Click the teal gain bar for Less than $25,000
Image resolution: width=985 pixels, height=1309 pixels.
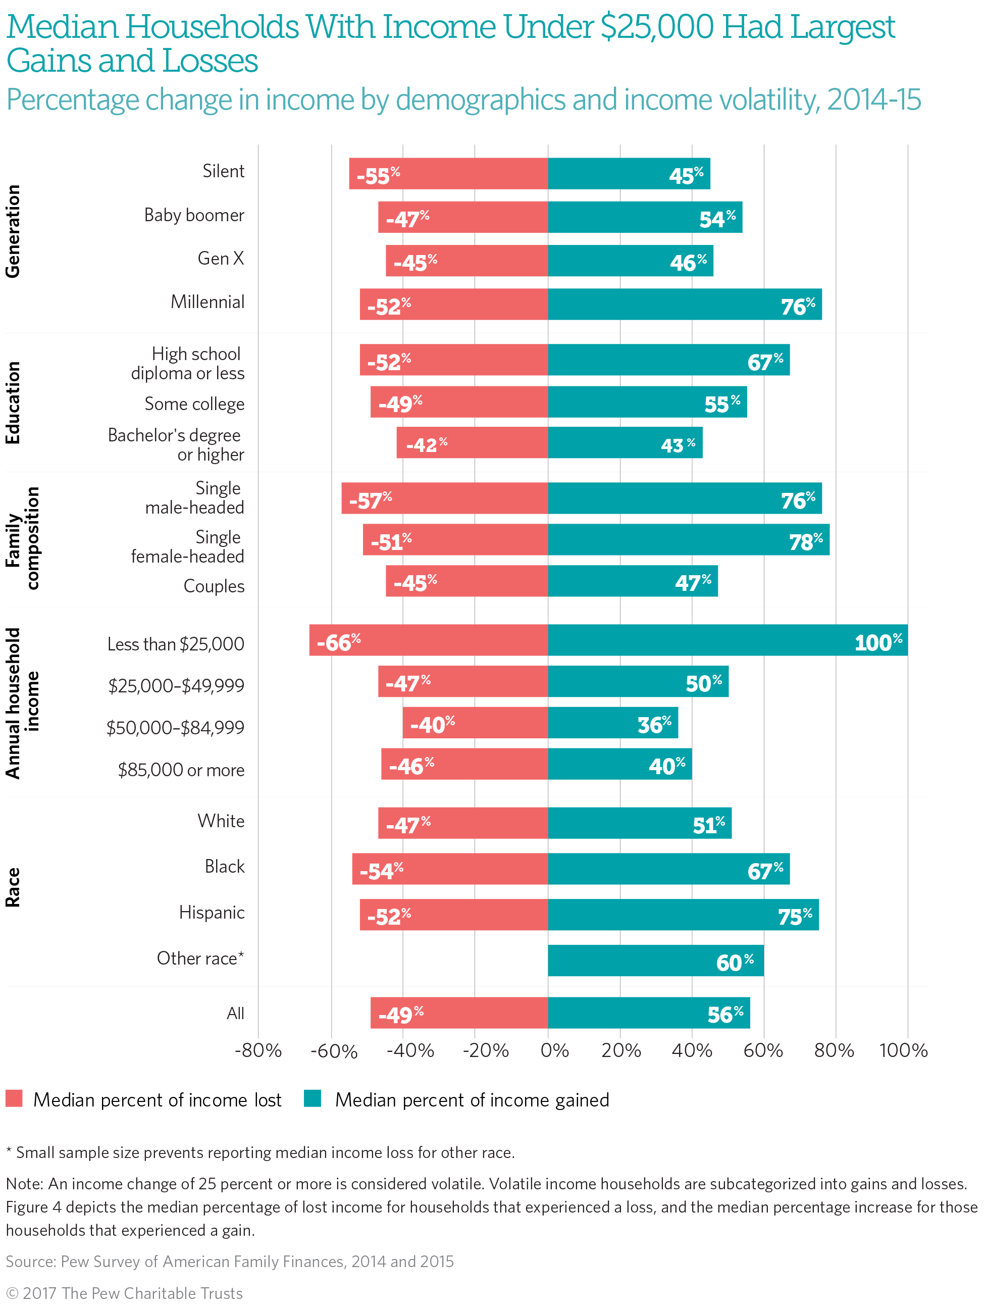pos(727,640)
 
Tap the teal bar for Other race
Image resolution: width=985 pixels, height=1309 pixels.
pos(655,960)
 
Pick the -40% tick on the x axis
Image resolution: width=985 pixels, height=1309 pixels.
pos(410,1050)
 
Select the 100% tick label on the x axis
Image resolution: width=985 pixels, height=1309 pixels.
pos(903,1050)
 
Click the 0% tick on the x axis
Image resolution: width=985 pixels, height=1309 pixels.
pos(554,1050)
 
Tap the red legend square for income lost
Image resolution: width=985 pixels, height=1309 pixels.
pos(14,1098)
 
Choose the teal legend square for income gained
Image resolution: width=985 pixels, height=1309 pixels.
pos(313,1098)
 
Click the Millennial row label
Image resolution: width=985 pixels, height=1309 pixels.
pos(207,303)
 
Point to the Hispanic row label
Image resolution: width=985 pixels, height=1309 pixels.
pos(211,913)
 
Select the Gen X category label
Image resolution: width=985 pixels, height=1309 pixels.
pos(220,259)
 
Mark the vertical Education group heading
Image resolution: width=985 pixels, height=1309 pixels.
pos(13,402)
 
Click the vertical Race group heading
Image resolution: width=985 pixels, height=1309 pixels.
pos(13,887)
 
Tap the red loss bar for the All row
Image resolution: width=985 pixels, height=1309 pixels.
pos(458,1013)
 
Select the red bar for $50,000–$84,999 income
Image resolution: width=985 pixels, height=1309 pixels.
pos(475,723)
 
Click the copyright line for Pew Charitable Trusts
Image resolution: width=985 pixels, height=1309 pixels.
pos(124,1293)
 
